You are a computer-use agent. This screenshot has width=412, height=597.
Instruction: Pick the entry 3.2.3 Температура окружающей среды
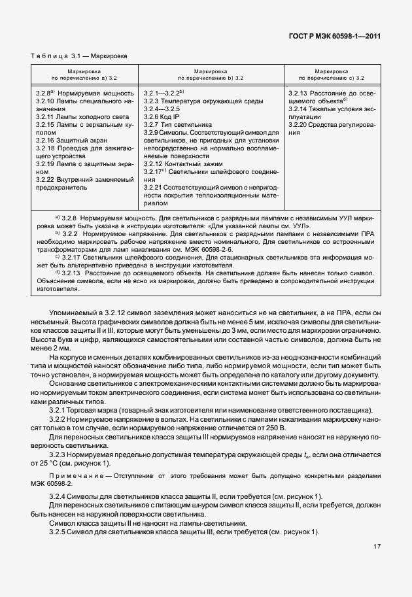pyautogui.click(x=203, y=101)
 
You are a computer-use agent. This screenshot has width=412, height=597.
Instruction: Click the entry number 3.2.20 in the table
pyautogui.click(x=298, y=124)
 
